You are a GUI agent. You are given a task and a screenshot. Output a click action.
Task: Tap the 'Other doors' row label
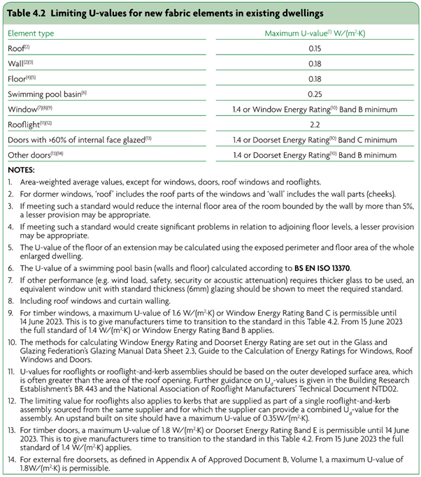[x=27, y=155]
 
